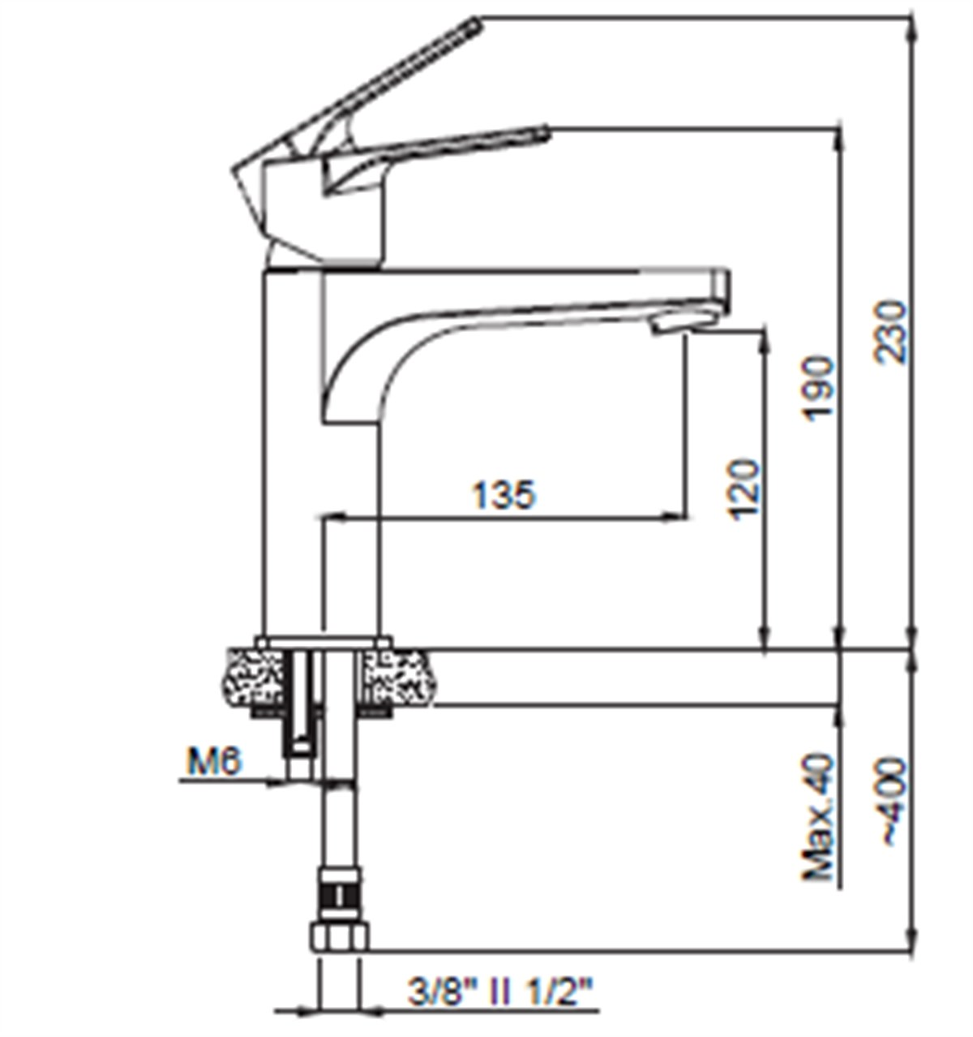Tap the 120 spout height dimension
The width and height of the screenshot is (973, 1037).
tap(744, 489)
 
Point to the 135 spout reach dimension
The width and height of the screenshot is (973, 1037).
tap(504, 494)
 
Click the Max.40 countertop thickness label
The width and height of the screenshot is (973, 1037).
tap(819, 817)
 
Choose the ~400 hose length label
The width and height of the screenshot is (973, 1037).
tap(891, 802)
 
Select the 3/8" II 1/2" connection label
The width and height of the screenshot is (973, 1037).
tap(500, 992)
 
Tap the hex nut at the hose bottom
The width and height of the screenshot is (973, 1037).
tap(339, 936)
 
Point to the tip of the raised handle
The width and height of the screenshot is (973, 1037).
tap(474, 27)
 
